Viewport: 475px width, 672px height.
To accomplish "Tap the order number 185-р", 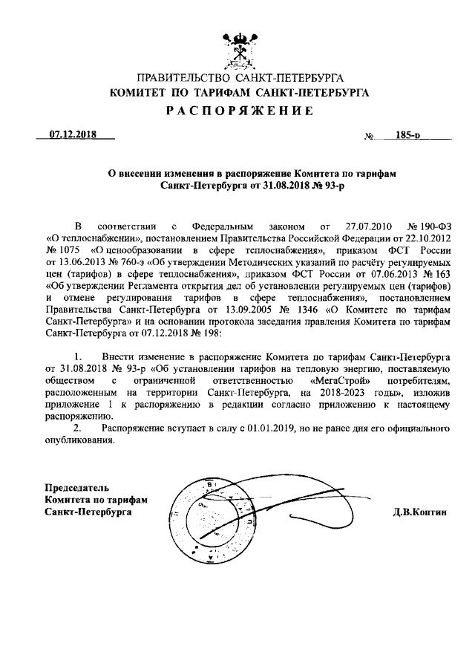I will click(408, 136).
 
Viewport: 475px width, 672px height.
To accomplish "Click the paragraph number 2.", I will click(78, 429).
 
